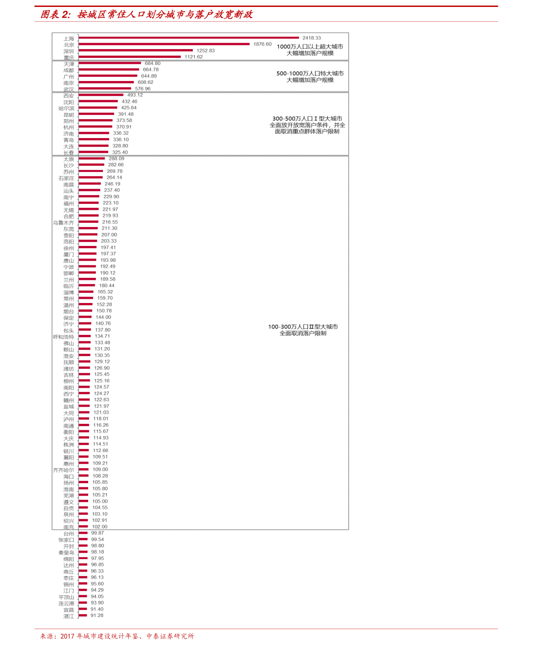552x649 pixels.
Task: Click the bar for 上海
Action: pos(189,38)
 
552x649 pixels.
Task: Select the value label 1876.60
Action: pos(262,44)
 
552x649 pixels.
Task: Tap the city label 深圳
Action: pos(69,51)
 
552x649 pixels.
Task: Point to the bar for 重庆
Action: pos(129,57)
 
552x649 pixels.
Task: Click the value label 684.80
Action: pos(152,63)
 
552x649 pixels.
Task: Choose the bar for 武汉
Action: pos(105,88)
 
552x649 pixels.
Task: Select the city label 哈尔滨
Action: pos(66,108)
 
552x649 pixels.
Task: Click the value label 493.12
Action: pos(135,95)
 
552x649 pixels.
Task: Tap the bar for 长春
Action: pos(93,152)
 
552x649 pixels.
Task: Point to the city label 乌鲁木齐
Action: pos(63,223)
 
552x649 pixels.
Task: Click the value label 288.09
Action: pos(116,158)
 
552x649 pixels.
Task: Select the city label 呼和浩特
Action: pos(63,337)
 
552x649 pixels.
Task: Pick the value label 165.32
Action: pos(105,292)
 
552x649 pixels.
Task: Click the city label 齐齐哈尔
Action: pos(63,470)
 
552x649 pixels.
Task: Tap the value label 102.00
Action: pos(100,527)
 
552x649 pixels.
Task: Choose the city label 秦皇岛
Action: pos(66,553)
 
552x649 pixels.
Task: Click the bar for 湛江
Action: pos(82,615)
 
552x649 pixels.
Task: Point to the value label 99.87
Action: pos(97,533)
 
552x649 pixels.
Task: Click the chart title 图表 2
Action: pos(55,14)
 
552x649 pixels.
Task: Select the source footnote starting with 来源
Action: pos(117,636)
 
